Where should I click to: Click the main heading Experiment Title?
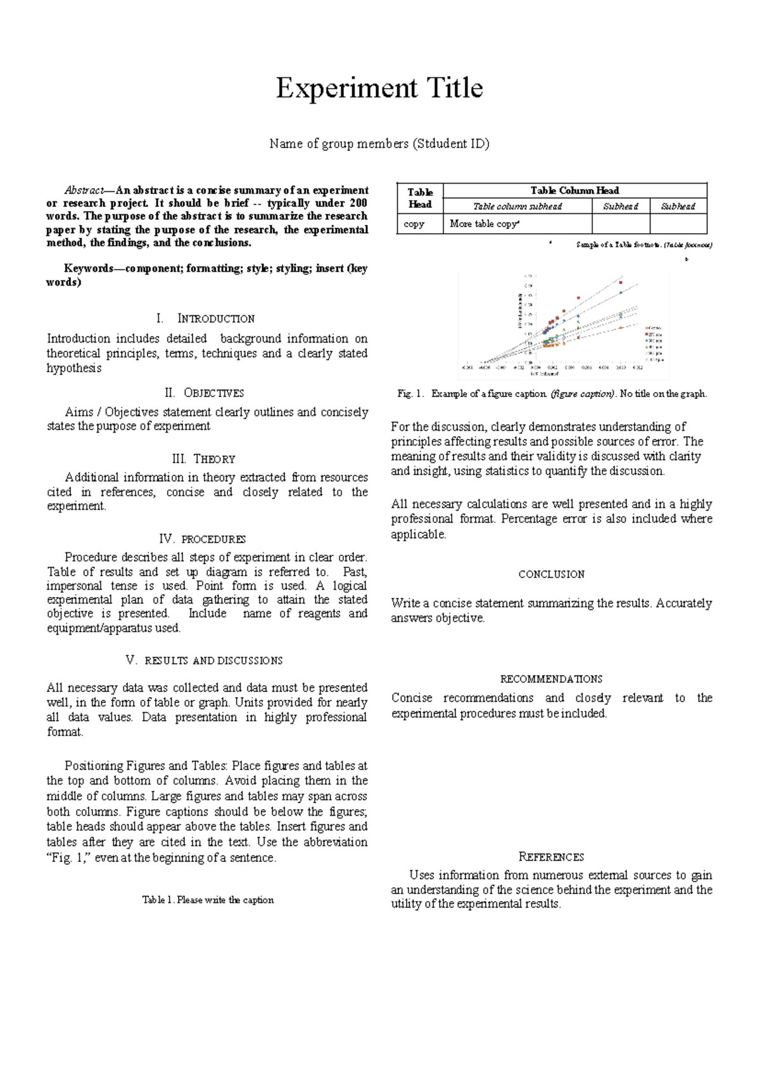click(x=379, y=88)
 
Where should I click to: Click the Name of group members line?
click(x=379, y=144)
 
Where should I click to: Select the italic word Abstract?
click(x=84, y=190)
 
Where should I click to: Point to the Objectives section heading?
click(x=205, y=393)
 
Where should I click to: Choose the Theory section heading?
click(x=204, y=459)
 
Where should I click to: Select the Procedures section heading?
click(x=203, y=539)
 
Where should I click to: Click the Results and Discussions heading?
click(x=205, y=660)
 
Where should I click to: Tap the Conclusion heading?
click(x=551, y=574)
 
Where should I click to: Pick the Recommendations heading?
click(x=551, y=679)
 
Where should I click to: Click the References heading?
click(x=551, y=857)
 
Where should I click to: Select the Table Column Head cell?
click(x=574, y=191)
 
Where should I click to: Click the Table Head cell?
click(x=420, y=198)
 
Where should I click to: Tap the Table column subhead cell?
click(x=517, y=206)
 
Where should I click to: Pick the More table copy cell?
click(x=484, y=224)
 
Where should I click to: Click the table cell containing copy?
click(x=414, y=224)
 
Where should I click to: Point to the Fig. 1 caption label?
click(x=410, y=394)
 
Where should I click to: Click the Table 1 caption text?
click(x=208, y=900)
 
